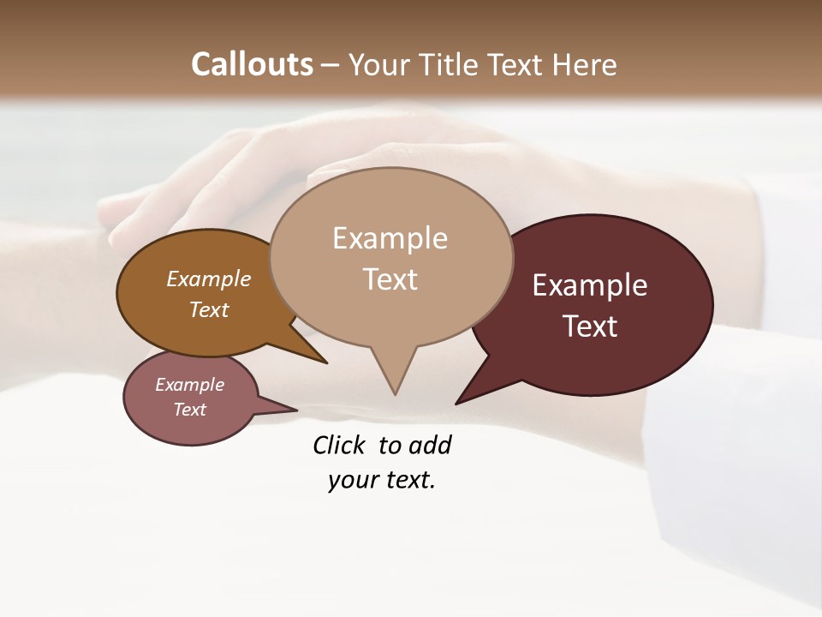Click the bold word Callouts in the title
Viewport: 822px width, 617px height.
tap(253, 64)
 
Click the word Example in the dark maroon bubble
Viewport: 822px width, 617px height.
tap(590, 285)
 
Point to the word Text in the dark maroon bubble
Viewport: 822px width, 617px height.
tap(590, 326)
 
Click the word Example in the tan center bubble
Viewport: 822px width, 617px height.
tap(390, 238)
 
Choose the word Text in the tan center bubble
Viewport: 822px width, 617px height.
tap(390, 279)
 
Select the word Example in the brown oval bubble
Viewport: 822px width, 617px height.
tap(209, 279)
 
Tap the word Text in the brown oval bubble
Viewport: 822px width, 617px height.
tap(209, 309)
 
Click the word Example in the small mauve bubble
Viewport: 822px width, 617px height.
tap(190, 385)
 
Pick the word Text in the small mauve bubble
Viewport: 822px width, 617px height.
tap(190, 410)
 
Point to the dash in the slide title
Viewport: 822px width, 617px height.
tap(331, 64)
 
